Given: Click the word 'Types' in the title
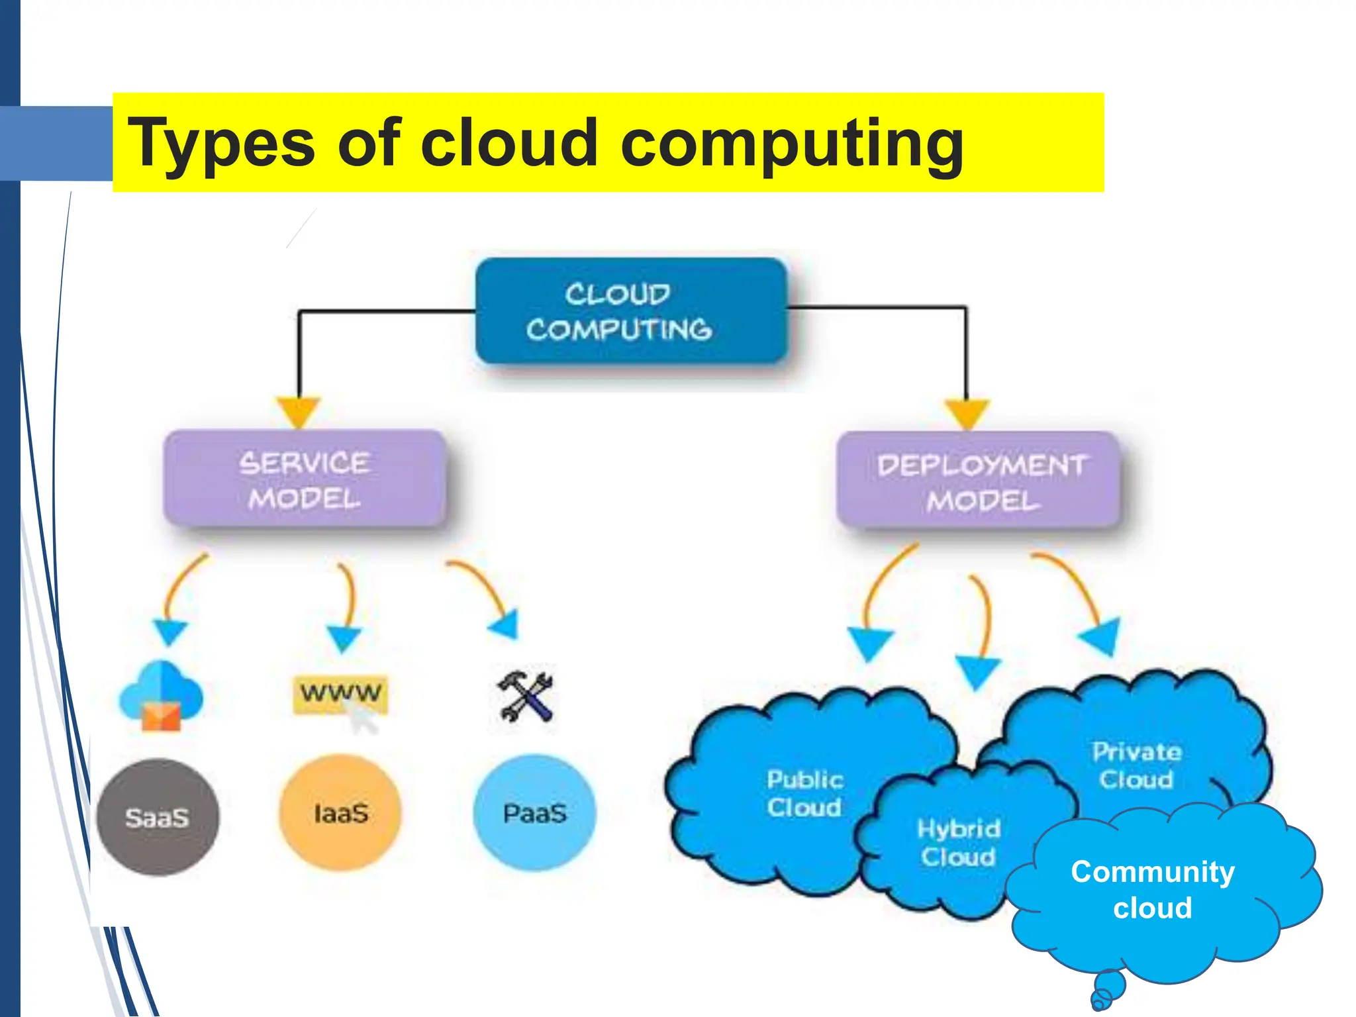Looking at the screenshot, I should pyautogui.click(x=220, y=143).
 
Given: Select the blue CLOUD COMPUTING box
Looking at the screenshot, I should pyautogui.click(x=630, y=311).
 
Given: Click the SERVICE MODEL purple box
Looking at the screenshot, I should pyautogui.click(x=305, y=479).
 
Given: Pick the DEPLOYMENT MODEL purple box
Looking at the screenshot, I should pyautogui.click(x=979, y=481).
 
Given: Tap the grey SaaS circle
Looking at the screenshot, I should pyautogui.click(x=158, y=818).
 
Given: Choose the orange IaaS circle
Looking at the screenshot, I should pyautogui.click(x=340, y=813).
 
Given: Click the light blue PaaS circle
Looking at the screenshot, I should pyautogui.click(x=534, y=813).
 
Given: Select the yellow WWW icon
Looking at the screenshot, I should pyautogui.click(x=340, y=694).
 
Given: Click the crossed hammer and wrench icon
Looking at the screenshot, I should pyautogui.click(x=525, y=697).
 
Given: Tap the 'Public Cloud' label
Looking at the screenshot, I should pyautogui.click(x=804, y=793).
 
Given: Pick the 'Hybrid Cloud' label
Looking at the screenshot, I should pyautogui.click(x=958, y=842).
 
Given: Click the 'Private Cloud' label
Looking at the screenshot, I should pyautogui.click(x=1136, y=765).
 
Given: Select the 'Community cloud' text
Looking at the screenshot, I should pyautogui.click(x=1153, y=889).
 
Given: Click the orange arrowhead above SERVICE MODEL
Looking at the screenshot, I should pyautogui.click(x=299, y=411).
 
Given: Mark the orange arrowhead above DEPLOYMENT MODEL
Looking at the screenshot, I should pyautogui.click(x=967, y=412).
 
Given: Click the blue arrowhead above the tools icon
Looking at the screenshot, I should pyautogui.click(x=507, y=624).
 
